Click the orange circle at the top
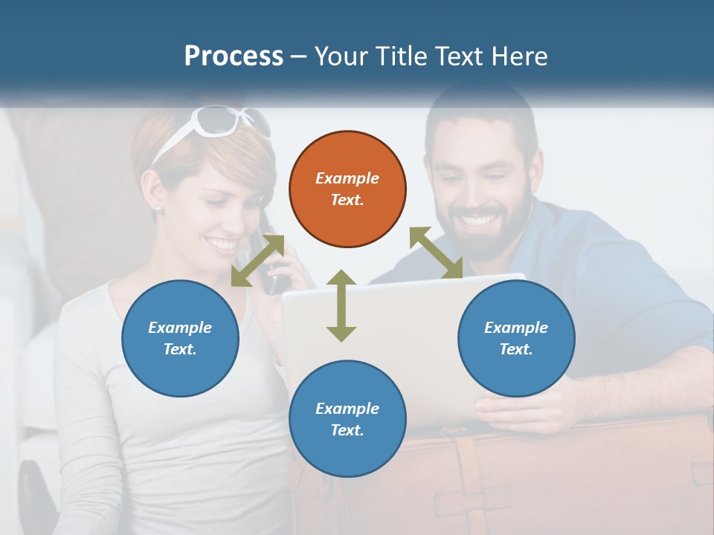pyautogui.click(x=347, y=189)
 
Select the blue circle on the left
pyautogui.click(x=180, y=338)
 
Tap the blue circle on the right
pyautogui.click(x=516, y=338)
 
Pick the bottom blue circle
pyautogui.click(x=347, y=419)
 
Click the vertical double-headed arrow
pyautogui.click(x=341, y=305)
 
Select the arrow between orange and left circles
pyautogui.click(x=257, y=260)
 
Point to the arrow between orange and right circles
pyautogui.click(x=436, y=253)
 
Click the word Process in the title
pyautogui.click(x=234, y=56)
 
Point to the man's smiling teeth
pyautogui.click(x=480, y=220)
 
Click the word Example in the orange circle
pyautogui.click(x=347, y=178)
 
